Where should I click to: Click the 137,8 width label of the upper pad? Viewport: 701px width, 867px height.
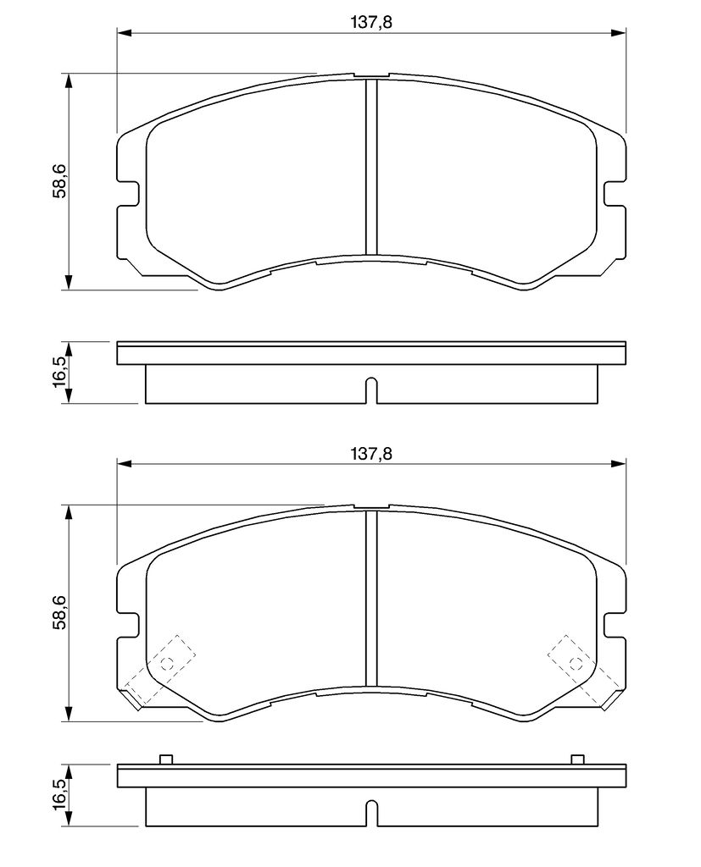[371, 22]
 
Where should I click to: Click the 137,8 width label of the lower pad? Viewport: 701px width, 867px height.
[371, 454]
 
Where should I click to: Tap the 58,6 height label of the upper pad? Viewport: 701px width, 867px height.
[59, 181]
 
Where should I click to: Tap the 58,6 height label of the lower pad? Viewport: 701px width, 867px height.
[59, 612]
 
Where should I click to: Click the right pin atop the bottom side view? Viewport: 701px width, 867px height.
[577, 759]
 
